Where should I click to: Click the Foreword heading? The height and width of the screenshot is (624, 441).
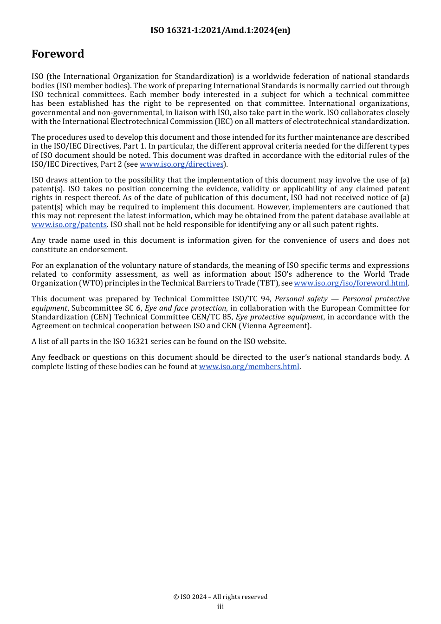(58, 54)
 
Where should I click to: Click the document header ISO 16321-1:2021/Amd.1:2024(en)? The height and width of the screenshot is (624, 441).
(220, 30)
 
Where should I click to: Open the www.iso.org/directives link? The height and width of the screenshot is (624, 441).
(182, 164)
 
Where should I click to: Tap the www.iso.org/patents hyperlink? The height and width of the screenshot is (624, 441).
(69, 225)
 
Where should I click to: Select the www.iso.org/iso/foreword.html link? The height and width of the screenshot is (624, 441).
(350, 283)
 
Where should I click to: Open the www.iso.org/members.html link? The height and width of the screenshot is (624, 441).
(249, 367)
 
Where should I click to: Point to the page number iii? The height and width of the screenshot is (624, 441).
(220, 607)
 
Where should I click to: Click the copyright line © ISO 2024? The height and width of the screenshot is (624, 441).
(220, 597)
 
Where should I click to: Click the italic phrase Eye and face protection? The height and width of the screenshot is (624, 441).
(185, 308)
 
